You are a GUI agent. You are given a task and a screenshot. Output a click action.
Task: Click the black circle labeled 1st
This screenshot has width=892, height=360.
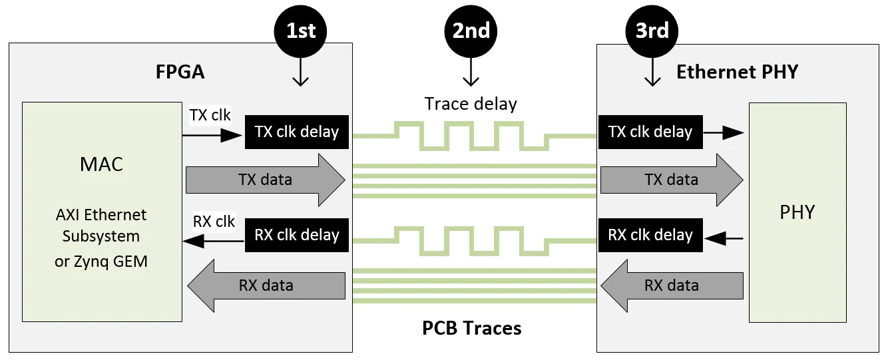coord(300,31)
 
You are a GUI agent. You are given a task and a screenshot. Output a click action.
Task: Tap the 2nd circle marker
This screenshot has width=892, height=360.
coord(471,31)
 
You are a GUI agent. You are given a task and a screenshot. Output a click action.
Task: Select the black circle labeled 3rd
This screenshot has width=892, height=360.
coord(652,31)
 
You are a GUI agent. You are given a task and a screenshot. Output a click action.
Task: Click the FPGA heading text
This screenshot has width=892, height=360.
coord(180,72)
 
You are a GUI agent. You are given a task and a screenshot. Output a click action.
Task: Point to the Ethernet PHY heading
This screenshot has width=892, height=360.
coord(737,72)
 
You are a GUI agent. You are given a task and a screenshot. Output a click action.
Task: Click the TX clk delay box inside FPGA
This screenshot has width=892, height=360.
coord(297,132)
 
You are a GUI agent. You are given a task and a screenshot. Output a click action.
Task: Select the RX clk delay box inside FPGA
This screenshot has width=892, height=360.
coord(297,235)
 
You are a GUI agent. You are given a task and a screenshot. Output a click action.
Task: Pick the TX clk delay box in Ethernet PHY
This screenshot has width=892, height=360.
coord(650,132)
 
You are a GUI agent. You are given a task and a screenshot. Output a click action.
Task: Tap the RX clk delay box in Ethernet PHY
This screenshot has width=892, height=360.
coord(650,235)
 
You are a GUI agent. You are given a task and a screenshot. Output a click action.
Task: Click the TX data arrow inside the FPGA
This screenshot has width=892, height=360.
coord(265,180)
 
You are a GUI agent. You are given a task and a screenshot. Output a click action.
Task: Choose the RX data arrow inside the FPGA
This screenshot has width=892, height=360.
coord(266,285)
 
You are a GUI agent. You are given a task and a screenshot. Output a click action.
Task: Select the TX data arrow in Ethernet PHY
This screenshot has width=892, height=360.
coord(671,180)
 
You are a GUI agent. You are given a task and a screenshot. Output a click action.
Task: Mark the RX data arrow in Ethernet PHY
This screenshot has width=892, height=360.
coord(672,285)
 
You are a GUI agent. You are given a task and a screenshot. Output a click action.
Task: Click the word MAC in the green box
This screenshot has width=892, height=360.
coord(101,164)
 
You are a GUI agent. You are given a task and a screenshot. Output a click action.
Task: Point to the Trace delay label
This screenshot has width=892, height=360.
coord(471,104)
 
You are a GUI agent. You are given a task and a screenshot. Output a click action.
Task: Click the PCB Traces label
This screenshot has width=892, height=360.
coord(472,328)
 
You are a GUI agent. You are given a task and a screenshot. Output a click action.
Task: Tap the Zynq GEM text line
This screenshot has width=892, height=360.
coord(101,262)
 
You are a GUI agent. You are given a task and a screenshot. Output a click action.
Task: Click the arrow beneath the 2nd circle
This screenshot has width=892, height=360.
coord(471,72)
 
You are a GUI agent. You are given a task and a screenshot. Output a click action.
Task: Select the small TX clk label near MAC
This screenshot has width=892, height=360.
coord(210,115)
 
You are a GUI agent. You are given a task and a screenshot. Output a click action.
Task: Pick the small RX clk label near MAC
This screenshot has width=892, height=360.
coord(214,222)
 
